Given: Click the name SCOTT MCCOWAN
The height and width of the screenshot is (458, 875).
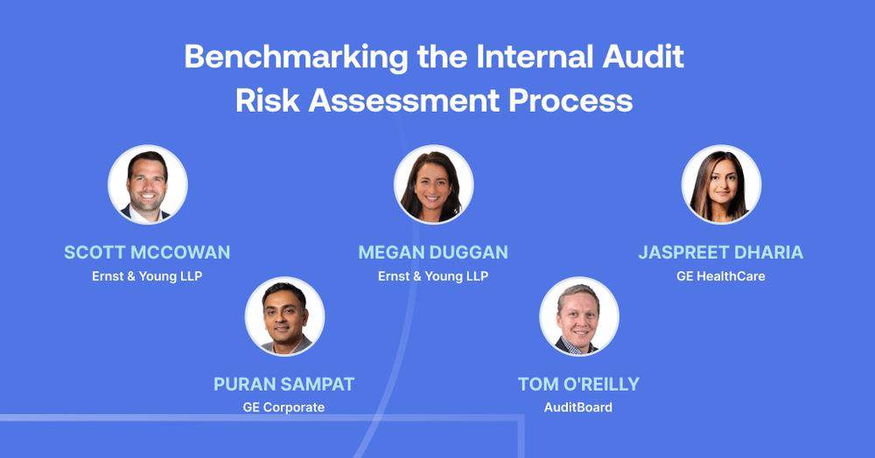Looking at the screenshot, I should coord(147,253).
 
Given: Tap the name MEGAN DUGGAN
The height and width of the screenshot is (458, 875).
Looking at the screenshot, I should coord(433,253).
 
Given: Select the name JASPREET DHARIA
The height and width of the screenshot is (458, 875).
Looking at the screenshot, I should coord(721,253).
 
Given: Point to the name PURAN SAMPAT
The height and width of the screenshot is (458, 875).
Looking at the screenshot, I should coord(283,385).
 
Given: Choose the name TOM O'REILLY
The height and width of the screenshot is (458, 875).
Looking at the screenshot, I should coord(578,385).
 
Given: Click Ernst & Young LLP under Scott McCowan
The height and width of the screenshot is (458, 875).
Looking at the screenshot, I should coord(147,276).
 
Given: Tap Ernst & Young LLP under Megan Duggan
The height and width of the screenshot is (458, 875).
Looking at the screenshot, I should coord(433,276).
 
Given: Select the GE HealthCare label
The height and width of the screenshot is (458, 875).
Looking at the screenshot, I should coord(721,276).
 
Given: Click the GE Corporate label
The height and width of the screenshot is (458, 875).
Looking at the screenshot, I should coord(283,407).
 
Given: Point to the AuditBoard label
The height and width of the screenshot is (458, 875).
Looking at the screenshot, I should coord(578,407).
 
